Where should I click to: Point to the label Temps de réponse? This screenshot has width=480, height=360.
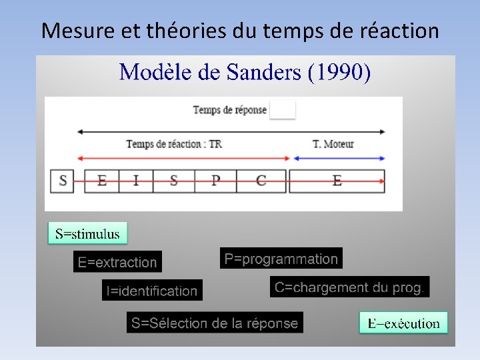(229, 110)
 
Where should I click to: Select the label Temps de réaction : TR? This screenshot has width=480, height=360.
(174, 144)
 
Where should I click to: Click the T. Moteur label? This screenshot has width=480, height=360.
(333, 144)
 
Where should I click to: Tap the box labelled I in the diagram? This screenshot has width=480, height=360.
(136, 181)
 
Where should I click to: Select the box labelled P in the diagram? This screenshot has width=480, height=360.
(216, 181)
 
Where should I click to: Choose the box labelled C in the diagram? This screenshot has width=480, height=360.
(261, 181)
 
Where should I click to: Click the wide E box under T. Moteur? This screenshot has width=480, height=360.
(337, 181)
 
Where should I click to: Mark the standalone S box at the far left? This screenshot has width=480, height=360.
(63, 181)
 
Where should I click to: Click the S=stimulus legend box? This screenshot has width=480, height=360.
(87, 233)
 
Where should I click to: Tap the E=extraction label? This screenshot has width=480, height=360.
(117, 262)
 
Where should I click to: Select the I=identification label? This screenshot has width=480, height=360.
(152, 291)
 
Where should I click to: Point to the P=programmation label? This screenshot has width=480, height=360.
(281, 259)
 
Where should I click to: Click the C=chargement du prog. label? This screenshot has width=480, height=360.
(349, 287)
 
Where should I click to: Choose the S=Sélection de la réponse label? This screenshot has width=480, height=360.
(215, 323)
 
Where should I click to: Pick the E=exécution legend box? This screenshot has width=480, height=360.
(403, 323)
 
